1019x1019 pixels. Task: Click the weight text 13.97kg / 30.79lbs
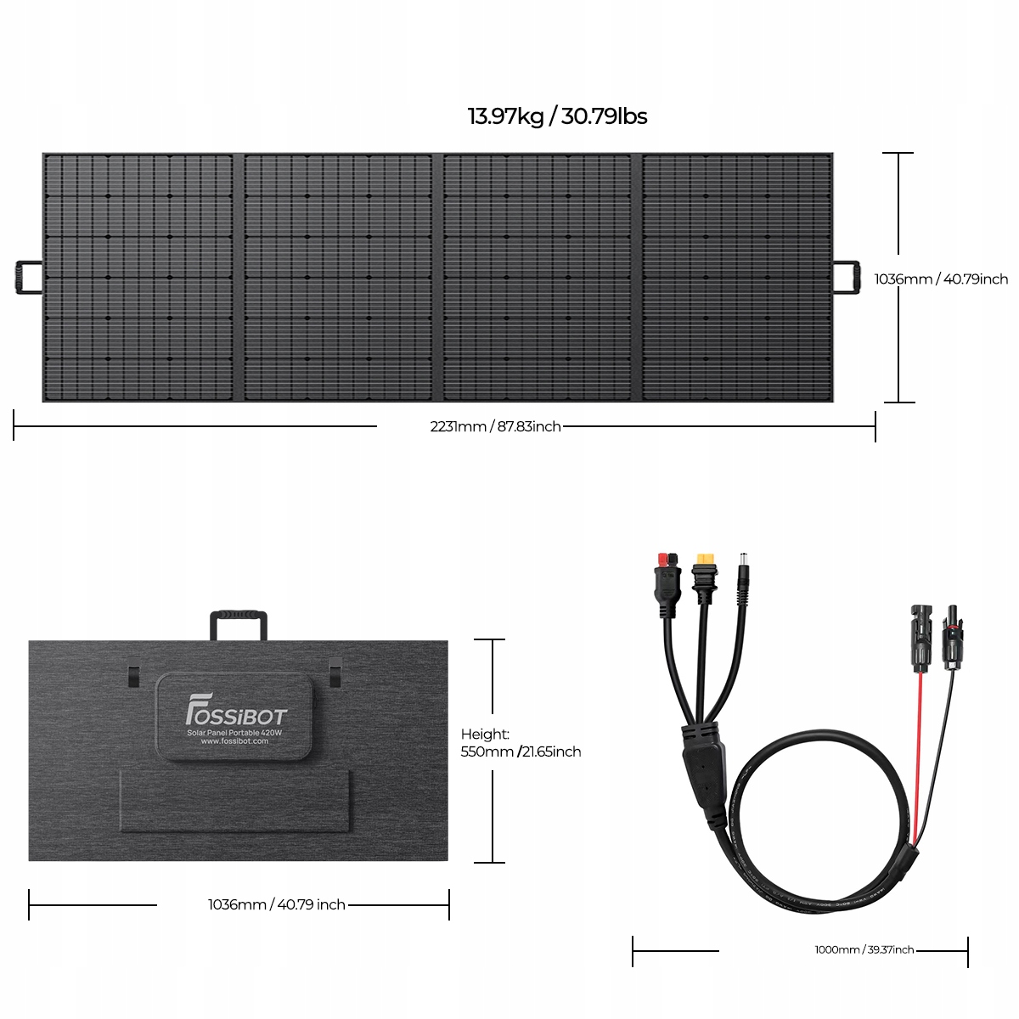(557, 116)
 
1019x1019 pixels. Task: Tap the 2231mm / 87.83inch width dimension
(495, 426)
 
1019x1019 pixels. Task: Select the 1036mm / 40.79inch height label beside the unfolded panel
(941, 279)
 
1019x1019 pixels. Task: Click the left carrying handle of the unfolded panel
(27, 278)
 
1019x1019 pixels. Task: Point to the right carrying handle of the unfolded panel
(846, 278)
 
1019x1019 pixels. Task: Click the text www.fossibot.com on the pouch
(234, 741)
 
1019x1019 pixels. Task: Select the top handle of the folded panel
(239, 622)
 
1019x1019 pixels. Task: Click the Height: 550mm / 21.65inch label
(521, 743)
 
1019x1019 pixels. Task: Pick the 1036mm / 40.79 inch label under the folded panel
(277, 904)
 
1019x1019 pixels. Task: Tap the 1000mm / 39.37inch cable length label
(864, 949)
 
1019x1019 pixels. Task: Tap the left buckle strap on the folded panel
(133, 675)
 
